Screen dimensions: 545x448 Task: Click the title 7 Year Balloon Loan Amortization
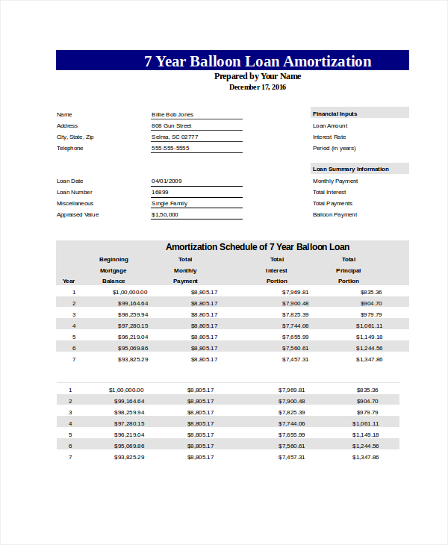click(x=258, y=61)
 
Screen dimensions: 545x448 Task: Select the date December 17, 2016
click(x=258, y=87)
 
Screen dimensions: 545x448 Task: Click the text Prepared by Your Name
click(x=258, y=76)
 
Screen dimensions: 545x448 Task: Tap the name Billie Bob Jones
click(x=172, y=114)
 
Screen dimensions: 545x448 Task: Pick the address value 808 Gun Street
click(x=172, y=125)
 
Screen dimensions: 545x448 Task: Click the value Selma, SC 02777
click(x=175, y=137)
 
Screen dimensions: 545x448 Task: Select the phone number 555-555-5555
click(x=170, y=148)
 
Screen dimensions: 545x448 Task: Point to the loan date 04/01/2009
click(x=167, y=181)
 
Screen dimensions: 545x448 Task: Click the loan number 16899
click(x=160, y=192)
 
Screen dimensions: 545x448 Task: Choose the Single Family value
click(x=169, y=203)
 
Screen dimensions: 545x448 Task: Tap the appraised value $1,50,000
click(x=165, y=214)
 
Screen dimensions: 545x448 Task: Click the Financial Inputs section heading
click(x=335, y=113)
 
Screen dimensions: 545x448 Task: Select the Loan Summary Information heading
click(x=350, y=169)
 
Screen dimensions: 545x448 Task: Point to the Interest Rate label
click(x=329, y=137)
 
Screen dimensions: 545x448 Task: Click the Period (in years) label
click(x=334, y=148)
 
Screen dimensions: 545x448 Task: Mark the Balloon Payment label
click(x=335, y=214)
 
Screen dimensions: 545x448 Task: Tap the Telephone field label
click(x=70, y=148)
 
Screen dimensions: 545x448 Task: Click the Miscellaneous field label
click(x=75, y=203)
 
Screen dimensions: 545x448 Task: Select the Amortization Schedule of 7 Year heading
click(x=258, y=247)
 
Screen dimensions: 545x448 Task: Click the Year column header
click(x=69, y=281)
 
